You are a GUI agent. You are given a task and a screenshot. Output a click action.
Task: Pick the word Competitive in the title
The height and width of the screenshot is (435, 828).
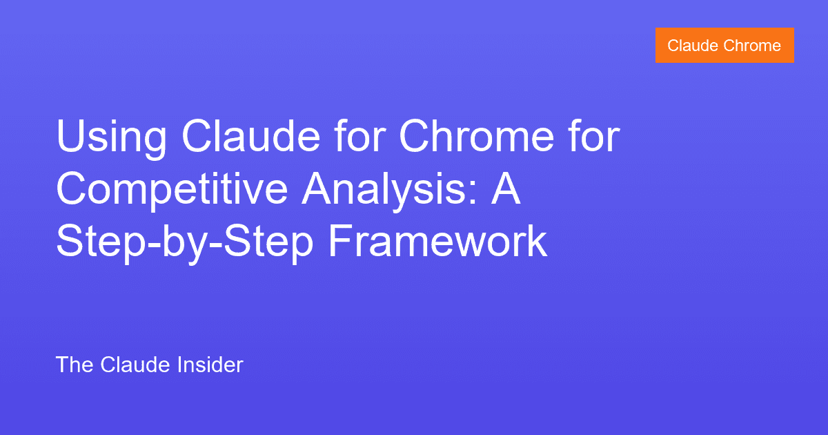171,191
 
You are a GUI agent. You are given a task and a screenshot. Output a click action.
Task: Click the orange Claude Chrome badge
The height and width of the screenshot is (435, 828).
724,46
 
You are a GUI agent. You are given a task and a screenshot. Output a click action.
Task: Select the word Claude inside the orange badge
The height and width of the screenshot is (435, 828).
692,46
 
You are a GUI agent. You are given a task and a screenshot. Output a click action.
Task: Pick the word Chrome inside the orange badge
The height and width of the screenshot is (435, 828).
752,46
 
